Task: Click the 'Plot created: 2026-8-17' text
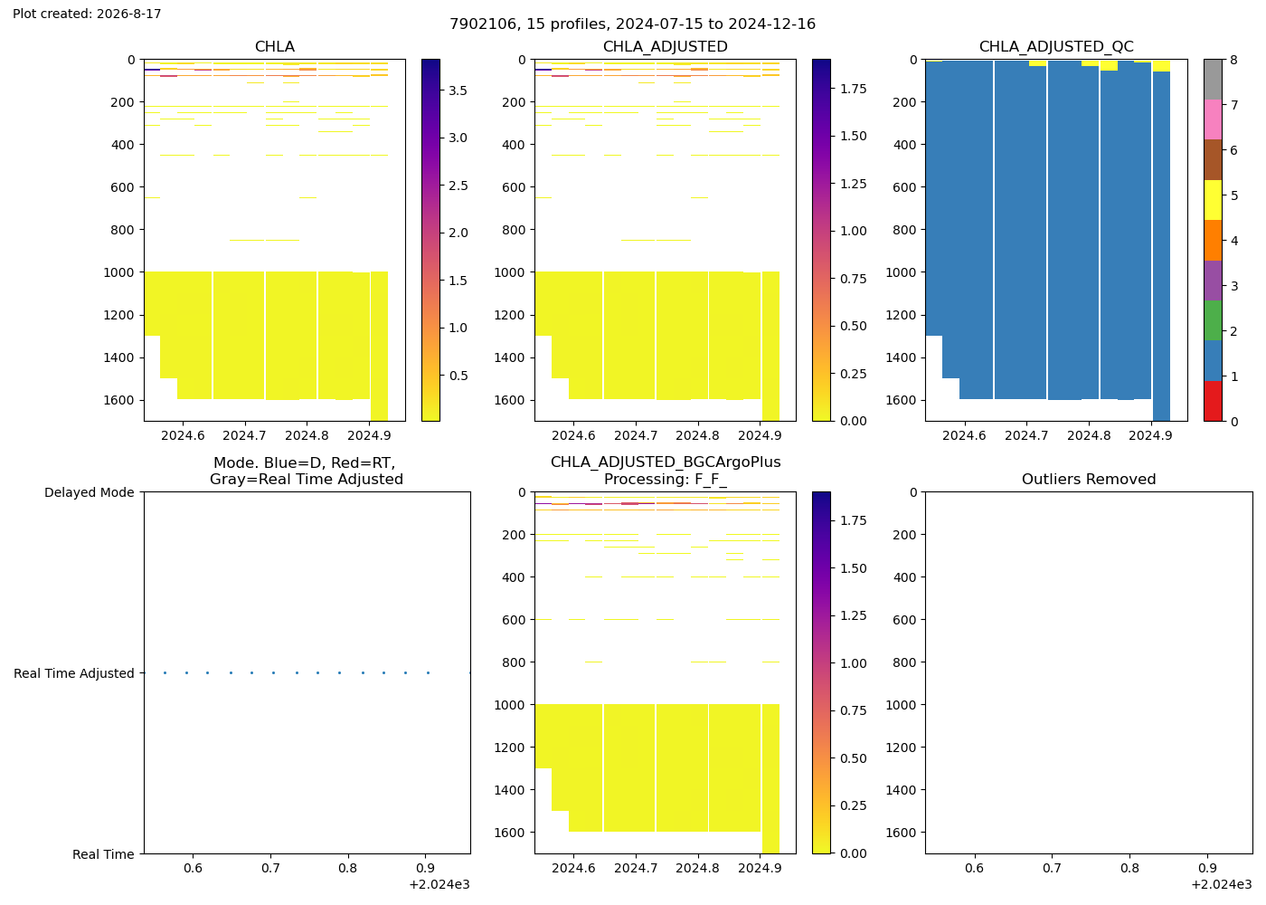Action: point(87,14)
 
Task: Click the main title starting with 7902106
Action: point(632,24)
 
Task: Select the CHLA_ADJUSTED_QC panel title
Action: point(1056,46)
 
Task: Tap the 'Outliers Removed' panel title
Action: point(1089,479)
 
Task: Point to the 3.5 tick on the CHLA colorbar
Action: point(458,90)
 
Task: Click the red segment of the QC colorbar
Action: point(1213,401)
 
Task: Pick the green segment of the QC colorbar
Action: point(1213,320)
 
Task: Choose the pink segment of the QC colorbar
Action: point(1213,119)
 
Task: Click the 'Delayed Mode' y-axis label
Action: point(90,492)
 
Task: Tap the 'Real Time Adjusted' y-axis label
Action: point(74,673)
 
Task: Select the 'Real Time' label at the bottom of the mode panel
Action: point(103,854)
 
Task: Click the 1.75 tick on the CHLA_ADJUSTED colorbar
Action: point(853,89)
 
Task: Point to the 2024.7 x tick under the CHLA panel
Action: point(244,435)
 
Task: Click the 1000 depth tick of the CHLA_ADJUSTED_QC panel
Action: point(901,272)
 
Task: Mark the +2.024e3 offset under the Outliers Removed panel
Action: point(1222,885)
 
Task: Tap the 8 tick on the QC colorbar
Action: point(1233,60)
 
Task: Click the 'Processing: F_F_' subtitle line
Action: point(666,479)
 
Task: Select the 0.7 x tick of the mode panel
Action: point(270,868)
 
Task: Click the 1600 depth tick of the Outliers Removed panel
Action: point(901,833)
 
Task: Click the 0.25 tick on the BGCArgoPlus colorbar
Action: point(853,805)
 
